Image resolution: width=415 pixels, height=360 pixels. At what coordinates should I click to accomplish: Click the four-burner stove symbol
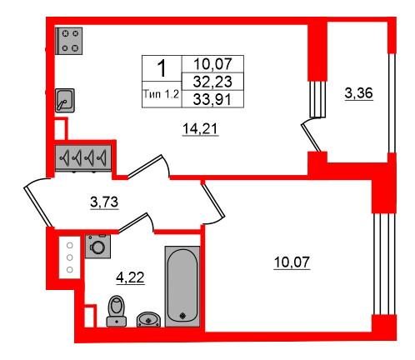click(x=69, y=41)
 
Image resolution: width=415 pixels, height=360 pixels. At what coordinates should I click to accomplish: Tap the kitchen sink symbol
click(x=65, y=100)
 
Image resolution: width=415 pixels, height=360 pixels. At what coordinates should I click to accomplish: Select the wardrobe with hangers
click(x=83, y=157)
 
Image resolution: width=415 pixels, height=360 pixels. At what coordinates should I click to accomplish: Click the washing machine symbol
click(x=97, y=246)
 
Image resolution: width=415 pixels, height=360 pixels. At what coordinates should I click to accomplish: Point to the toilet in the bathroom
click(x=117, y=311)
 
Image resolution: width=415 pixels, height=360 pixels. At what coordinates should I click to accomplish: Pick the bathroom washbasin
click(x=148, y=319)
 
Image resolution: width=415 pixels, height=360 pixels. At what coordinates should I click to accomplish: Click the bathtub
click(x=182, y=287)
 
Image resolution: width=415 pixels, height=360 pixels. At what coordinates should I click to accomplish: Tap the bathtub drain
click(x=182, y=316)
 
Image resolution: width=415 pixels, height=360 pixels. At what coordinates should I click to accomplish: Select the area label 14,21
click(x=200, y=129)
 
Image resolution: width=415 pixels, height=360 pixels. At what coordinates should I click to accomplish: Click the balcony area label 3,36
click(x=358, y=93)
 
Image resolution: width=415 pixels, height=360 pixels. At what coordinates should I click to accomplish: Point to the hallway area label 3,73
click(x=104, y=202)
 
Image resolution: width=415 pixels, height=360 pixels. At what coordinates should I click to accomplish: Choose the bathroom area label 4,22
click(x=130, y=277)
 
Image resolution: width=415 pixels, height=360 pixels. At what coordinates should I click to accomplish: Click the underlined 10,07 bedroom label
click(x=292, y=262)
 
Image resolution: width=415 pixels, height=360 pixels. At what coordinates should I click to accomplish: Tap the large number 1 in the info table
click(x=162, y=68)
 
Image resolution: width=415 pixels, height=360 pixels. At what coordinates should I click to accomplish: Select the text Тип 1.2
click(x=161, y=94)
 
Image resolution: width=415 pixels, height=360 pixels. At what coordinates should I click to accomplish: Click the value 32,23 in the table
click(x=212, y=82)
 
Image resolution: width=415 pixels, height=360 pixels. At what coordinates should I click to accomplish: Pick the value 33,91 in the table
click(x=212, y=99)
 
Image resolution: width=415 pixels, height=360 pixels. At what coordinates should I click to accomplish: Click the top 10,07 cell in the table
click(x=212, y=64)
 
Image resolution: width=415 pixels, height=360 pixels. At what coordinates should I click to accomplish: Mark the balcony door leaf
click(x=311, y=137)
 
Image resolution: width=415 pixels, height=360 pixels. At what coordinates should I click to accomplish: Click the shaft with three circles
click(x=70, y=257)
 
